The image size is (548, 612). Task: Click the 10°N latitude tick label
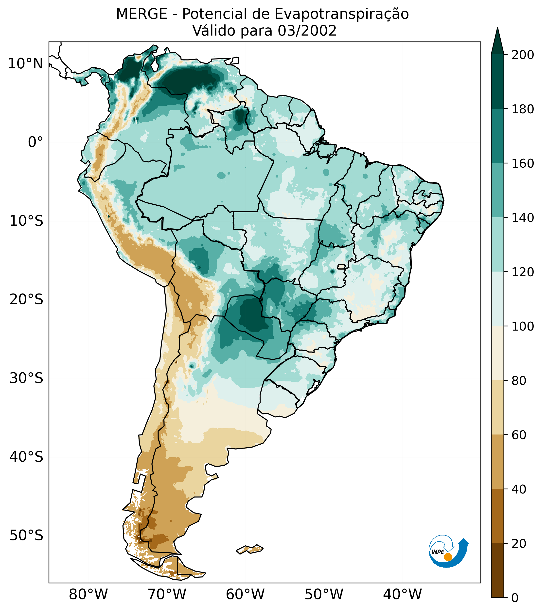point(25,64)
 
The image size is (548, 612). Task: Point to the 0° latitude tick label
point(35,142)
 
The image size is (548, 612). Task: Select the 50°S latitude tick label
point(26,535)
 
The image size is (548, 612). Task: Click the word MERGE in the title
point(141,14)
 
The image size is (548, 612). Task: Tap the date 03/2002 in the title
point(307,31)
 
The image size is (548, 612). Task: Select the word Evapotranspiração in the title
point(341,14)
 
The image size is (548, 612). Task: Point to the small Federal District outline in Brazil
point(341,267)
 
